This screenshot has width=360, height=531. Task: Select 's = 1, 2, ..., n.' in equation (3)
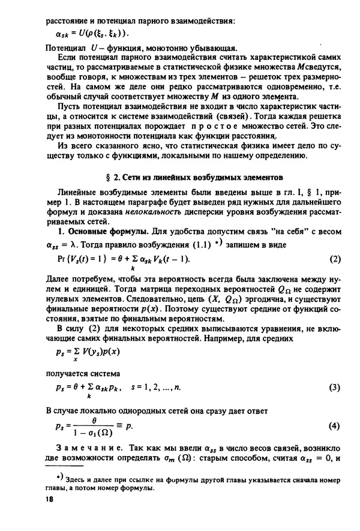point(152,388)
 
